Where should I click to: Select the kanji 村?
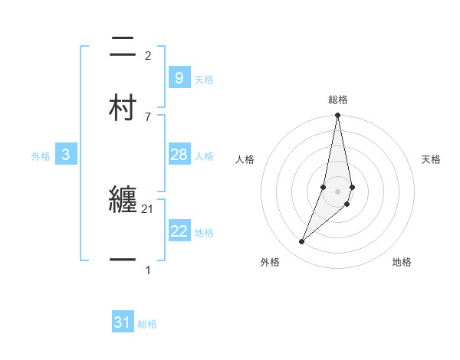coord(123,108)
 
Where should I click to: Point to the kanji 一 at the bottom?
coord(123,261)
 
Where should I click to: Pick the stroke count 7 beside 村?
coord(148,116)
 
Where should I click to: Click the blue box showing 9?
coord(179,78)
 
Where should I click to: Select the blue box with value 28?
coord(179,155)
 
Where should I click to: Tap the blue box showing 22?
coord(179,231)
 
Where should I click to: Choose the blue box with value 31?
coord(123,323)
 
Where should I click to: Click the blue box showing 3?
coord(66,155)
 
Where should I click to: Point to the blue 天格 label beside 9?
coord(204,80)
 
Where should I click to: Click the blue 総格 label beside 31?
coord(147,325)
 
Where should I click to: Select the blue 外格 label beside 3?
coord(41,156)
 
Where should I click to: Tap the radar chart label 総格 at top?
coord(338,100)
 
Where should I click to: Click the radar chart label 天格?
coord(432,159)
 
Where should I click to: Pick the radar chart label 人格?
coord(245,159)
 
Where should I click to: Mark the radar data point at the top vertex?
coord(337,116)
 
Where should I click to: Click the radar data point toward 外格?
coord(301,242)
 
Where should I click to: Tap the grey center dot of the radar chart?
coord(338,191)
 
